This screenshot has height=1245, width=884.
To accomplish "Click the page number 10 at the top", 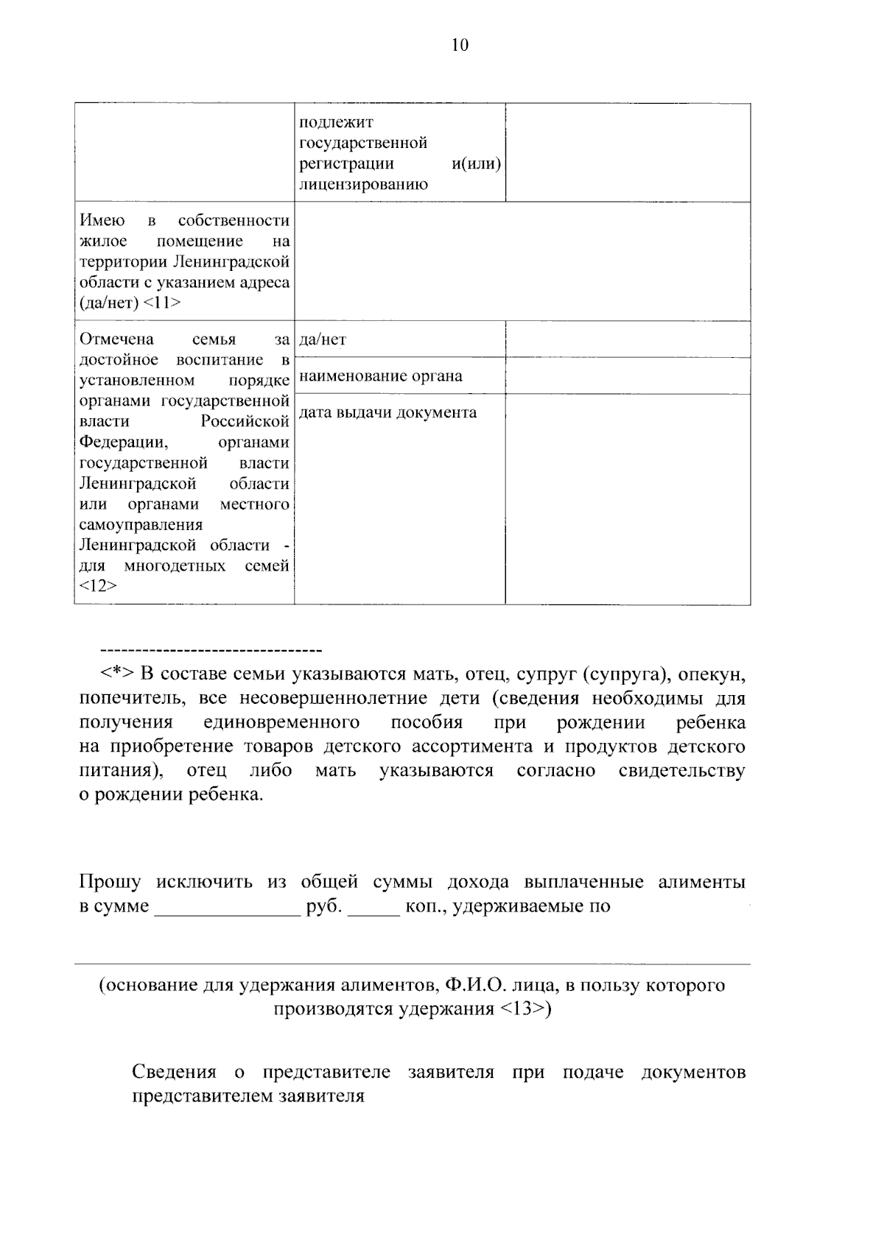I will click(x=460, y=45).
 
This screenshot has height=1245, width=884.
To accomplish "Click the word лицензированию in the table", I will click(x=362, y=184).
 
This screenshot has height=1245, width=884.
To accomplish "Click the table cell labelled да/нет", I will click(x=323, y=339).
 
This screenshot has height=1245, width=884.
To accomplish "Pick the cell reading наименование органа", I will click(x=381, y=376).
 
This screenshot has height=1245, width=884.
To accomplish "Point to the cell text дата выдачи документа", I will click(x=387, y=412).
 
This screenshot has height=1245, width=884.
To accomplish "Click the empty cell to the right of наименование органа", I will click(x=628, y=376).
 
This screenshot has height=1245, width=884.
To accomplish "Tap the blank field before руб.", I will click(x=225, y=907).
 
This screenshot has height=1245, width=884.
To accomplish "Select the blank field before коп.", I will click(x=373, y=907).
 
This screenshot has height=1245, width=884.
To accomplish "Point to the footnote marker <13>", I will click(x=525, y=1009).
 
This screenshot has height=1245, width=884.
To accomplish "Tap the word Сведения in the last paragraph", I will click(x=175, y=1072).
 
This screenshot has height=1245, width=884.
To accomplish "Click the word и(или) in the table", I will click(x=476, y=163).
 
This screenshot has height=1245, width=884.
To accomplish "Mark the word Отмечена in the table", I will click(x=116, y=339).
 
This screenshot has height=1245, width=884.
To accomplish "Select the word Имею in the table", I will click(x=102, y=220).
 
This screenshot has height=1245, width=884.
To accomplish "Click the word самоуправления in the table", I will click(x=141, y=525).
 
